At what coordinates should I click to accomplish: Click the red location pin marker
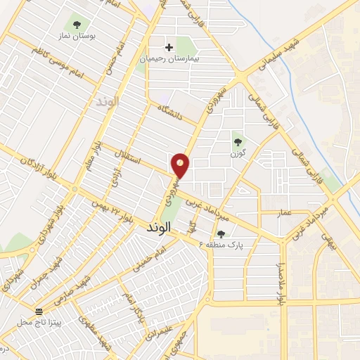coord(181,166)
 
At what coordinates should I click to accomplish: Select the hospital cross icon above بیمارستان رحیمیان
coord(169,48)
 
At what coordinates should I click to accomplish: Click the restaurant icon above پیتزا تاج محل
coord(40,310)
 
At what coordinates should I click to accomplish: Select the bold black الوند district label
coord(159,230)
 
